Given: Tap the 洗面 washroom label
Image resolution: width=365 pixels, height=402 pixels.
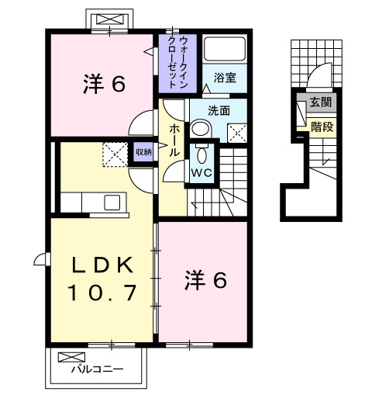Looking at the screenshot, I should pyautogui.click(x=219, y=110).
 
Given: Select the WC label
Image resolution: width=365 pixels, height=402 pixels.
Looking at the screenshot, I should pyautogui.click(x=201, y=172).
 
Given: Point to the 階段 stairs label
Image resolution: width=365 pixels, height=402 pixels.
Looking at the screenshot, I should pyautogui.click(x=322, y=126).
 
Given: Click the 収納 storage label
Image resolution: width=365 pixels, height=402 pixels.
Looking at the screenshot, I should pyautogui.click(x=144, y=152).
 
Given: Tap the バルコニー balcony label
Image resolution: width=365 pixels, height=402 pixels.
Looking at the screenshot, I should pyautogui.click(x=97, y=369).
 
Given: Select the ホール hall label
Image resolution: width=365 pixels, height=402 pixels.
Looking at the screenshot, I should pyautogui.click(x=175, y=139).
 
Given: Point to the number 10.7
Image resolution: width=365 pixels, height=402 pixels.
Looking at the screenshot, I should pyautogui.click(x=101, y=293).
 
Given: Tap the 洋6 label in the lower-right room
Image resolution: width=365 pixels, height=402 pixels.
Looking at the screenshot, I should pyautogui.click(x=205, y=280).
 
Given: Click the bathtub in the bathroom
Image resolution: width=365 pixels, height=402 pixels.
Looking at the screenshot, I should pyautogui.click(x=225, y=49).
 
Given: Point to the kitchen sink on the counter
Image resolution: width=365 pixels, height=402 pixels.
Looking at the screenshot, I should pyautogui.click(x=113, y=203).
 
